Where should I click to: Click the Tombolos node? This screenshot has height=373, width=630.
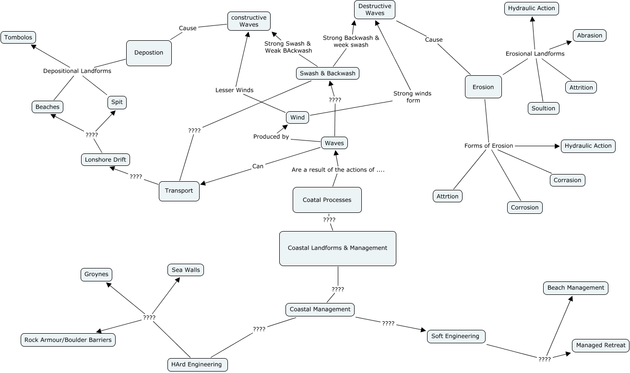tap(18, 37)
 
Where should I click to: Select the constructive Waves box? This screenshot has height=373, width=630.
tap(249, 21)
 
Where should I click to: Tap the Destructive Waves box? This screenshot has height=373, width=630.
tap(375, 10)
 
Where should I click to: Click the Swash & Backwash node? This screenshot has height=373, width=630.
tap(327, 73)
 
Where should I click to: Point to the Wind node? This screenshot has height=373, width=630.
tap(297, 117)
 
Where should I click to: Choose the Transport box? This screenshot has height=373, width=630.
tap(179, 191)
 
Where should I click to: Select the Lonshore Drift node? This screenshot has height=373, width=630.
tap(105, 160)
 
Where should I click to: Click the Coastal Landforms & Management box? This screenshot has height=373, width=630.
tap(337, 248)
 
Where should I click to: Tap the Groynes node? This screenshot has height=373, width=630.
tap(96, 274)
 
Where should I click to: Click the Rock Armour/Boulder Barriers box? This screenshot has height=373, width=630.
tap(69, 340)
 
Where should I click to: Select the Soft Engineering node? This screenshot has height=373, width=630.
tap(456, 336)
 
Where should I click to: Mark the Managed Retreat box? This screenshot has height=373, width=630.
tap(601, 345)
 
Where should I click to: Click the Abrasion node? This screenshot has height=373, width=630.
tap(590, 35)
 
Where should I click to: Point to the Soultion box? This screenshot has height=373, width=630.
tap(543, 108)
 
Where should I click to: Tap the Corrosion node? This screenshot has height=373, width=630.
tap(525, 208)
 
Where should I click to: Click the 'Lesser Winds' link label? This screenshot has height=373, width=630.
tap(234, 90)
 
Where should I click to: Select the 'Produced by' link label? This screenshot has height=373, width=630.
tap(271, 137)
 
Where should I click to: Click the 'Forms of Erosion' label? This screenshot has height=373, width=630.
tap(488, 146)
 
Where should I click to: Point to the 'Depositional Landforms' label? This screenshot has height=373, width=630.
tap(77, 71)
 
